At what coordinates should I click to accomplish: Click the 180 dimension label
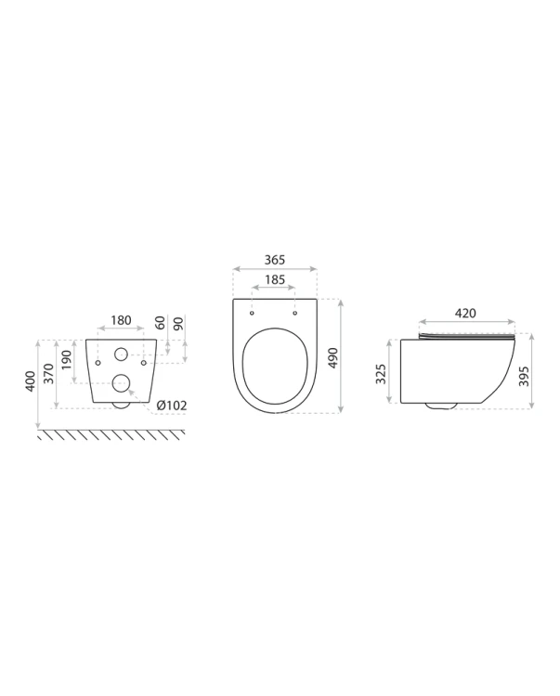(x=121, y=319)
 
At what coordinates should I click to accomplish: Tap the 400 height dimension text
(x=31, y=381)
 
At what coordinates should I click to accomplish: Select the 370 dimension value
(x=49, y=374)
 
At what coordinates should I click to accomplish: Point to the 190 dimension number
(x=66, y=360)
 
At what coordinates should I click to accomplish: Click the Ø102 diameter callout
(x=172, y=405)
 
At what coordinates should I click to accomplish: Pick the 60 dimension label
(x=161, y=323)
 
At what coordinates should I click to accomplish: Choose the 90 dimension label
(x=178, y=323)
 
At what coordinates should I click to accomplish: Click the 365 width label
(x=275, y=260)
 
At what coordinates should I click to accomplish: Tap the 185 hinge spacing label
(x=275, y=279)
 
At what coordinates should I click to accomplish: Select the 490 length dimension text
(x=332, y=358)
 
